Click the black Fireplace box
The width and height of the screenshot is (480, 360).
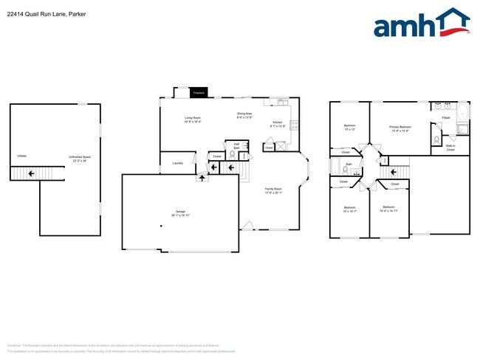pos(198,93)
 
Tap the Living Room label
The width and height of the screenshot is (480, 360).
pos(192,120)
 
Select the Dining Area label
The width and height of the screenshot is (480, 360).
pos(245,115)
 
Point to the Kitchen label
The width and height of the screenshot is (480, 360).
pos(278,124)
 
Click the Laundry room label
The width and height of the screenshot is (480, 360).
pos(177,163)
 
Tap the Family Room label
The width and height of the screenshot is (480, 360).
pos(274,190)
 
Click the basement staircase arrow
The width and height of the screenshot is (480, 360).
pos(30,173)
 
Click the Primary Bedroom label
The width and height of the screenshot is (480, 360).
pos(400,128)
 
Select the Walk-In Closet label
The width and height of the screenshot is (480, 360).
pos(450,148)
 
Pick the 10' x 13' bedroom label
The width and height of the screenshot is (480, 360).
pos(350,127)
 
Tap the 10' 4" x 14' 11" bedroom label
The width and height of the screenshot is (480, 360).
pos(390,209)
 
